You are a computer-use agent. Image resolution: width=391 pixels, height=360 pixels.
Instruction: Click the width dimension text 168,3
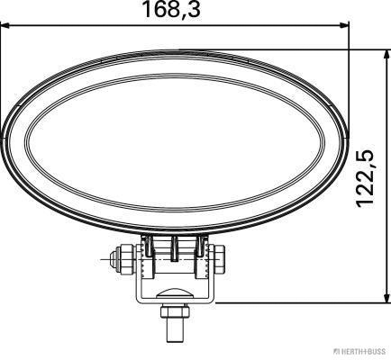point(171,10)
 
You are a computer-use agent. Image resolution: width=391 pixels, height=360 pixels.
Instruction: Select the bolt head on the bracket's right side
point(220,260)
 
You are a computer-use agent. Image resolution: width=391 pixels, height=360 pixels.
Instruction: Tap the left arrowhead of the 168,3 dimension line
point(6,26)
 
